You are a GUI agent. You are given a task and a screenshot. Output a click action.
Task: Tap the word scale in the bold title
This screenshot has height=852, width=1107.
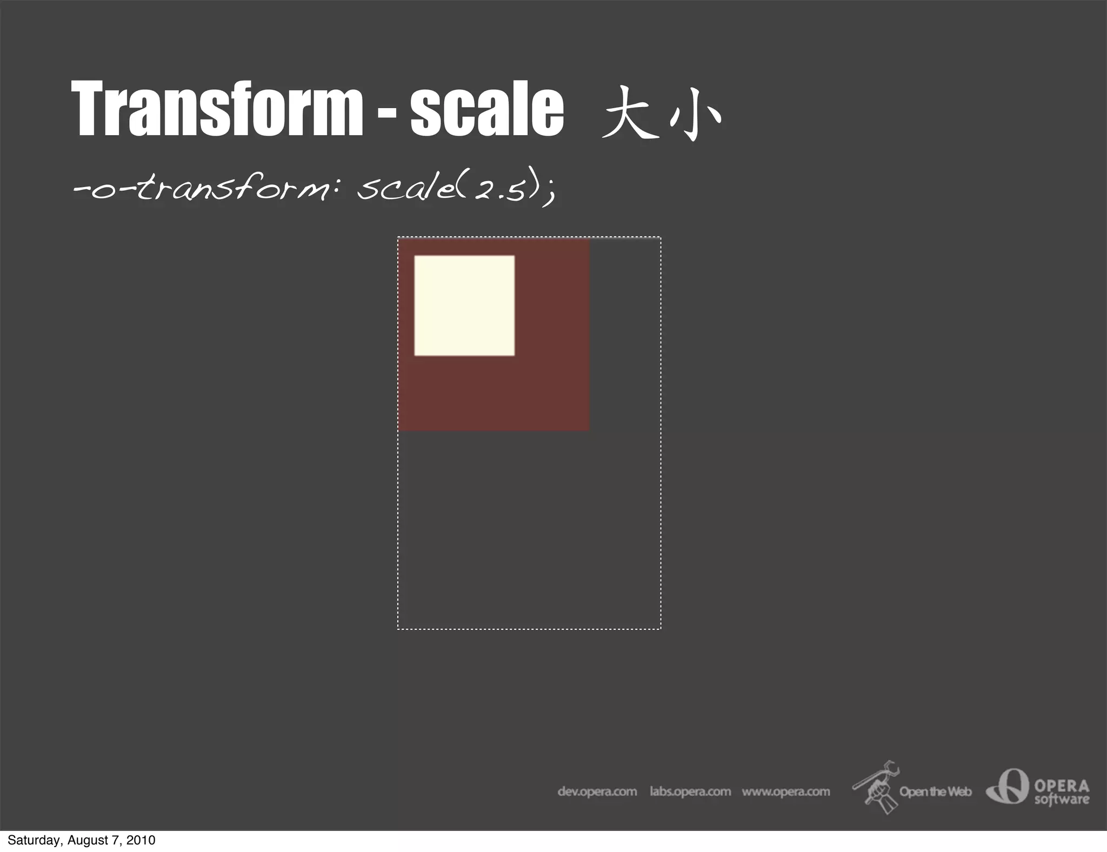tap(486, 108)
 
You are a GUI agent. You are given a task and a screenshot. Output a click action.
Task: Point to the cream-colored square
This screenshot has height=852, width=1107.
tap(464, 305)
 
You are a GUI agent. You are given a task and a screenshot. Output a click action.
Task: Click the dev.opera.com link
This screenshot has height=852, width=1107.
tap(597, 791)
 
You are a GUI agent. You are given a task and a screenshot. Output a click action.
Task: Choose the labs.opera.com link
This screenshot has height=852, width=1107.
tap(690, 791)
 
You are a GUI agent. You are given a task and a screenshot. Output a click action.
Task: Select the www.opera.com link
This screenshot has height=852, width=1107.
tap(785, 791)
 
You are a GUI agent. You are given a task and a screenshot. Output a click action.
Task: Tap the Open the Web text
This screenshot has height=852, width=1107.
tap(935, 791)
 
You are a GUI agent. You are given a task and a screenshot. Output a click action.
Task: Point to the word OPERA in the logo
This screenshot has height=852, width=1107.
tap(1062, 785)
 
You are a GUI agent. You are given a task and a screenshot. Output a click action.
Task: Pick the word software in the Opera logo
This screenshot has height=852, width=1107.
tap(1062, 799)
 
